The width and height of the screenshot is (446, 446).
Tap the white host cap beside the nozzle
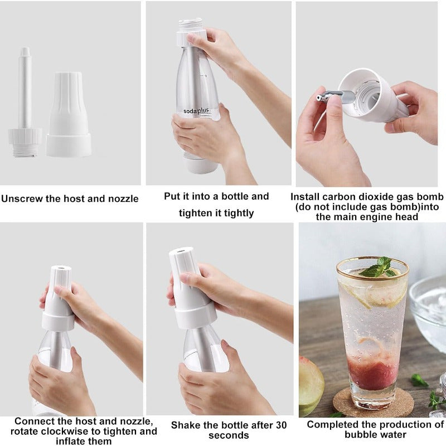(69, 114)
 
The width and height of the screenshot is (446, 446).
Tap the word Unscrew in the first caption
(21, 198)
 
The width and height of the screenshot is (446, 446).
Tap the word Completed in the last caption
(332, 424)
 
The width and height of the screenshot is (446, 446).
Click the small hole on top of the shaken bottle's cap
(182, 251)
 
